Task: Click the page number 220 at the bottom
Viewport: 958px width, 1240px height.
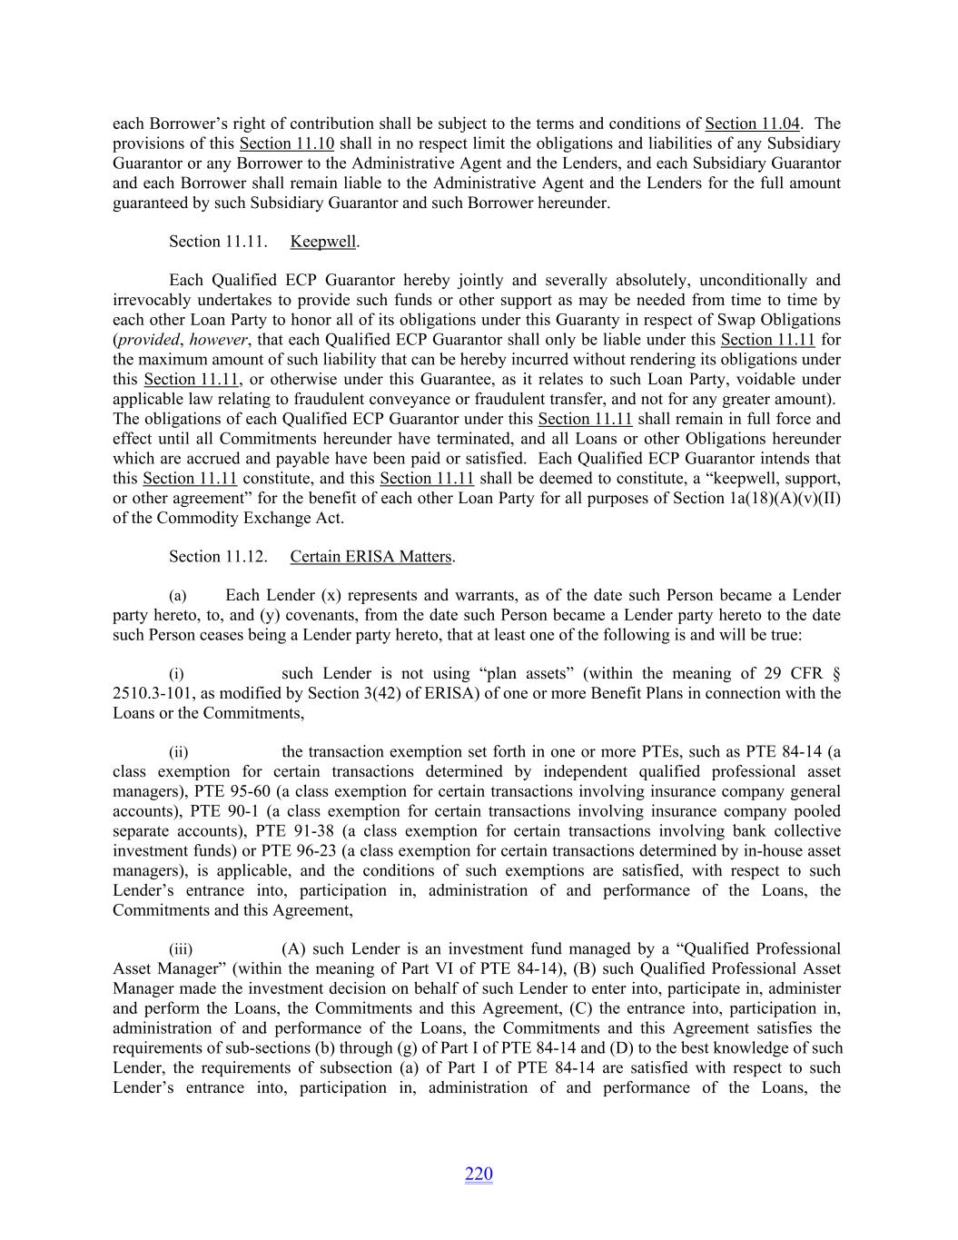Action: [479, 1175]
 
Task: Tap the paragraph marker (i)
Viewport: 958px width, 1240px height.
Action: [176, 674]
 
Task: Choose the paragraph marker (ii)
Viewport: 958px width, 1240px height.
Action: [178, 752]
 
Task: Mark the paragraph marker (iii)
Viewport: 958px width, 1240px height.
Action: [180, 949]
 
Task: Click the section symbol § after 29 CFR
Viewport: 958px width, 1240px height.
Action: [835, 674]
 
